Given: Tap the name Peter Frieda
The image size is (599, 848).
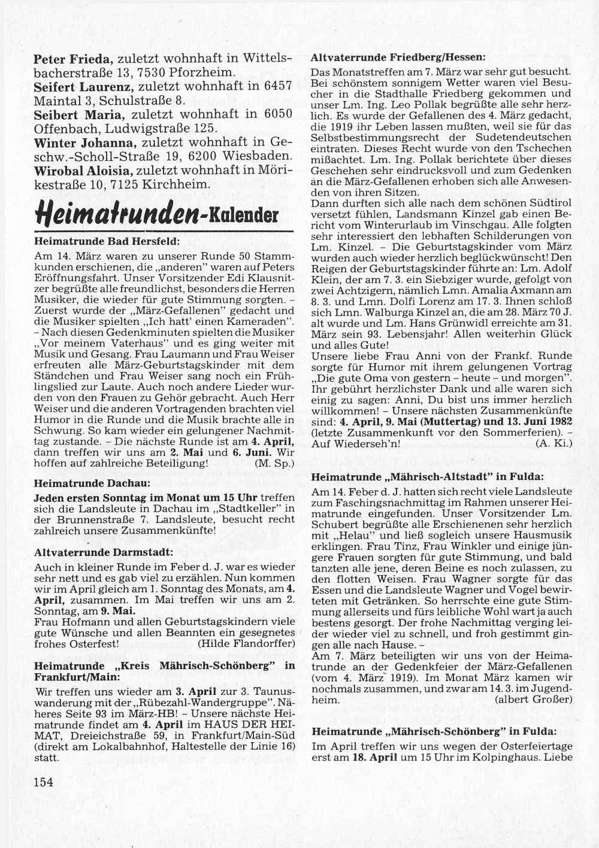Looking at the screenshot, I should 72,59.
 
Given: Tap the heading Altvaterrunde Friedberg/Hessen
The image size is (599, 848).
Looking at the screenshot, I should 398,58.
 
